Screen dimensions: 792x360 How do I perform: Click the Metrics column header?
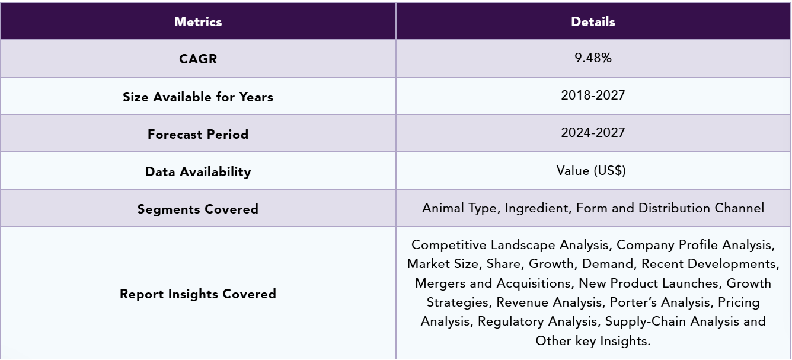198,22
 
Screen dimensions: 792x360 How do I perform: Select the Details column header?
593,22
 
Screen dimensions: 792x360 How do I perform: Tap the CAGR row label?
198,59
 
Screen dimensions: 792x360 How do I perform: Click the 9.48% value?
593,58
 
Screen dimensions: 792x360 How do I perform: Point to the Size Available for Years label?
198,97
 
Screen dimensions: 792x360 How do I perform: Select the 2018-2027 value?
593,95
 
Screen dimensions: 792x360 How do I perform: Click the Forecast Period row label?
198,135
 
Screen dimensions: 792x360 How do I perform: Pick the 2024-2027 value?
593,133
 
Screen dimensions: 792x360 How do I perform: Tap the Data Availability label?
198,172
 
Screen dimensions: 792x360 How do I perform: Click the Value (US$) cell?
591,170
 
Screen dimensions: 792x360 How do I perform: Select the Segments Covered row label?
198,209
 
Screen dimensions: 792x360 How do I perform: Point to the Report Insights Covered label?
198,294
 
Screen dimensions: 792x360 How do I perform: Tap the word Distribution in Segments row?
674,208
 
